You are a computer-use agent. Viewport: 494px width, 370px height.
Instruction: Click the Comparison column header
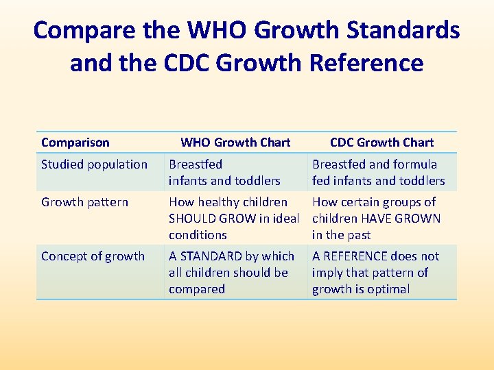[75, 143]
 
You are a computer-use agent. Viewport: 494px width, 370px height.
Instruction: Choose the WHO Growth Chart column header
[235, 143]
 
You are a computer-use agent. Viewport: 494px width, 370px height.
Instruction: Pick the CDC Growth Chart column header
[381, 143]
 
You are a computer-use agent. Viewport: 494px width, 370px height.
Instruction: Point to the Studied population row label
[94, 164]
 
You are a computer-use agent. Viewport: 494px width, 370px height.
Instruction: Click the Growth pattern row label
[84, 202]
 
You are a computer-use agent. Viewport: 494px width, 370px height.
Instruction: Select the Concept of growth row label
[93, 256]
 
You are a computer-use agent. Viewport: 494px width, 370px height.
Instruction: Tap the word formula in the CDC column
[415, 164]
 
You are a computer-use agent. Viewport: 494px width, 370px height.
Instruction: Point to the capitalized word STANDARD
[210, 256]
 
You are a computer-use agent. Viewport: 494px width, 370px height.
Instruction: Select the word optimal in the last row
[387, 289]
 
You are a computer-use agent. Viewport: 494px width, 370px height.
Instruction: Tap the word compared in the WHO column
[197, 289]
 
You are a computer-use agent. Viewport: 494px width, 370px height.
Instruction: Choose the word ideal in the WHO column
[287, 219]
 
